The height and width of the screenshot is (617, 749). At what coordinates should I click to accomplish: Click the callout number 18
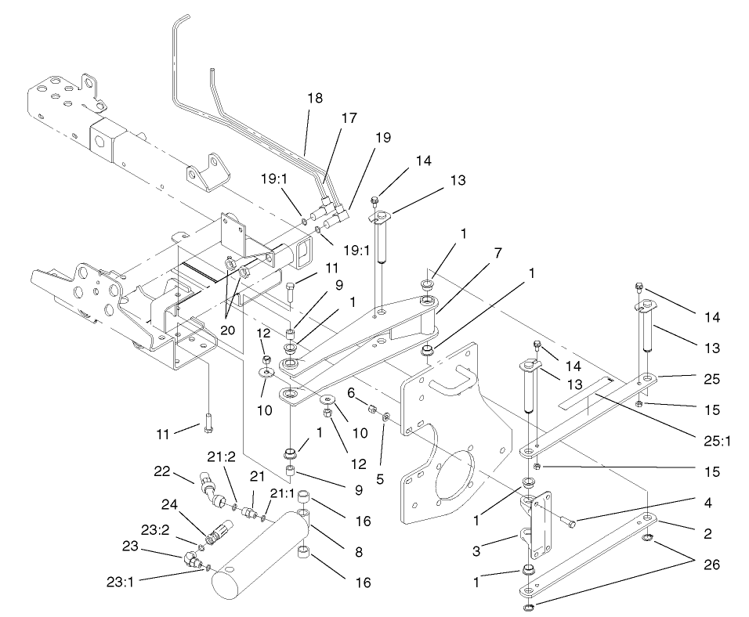tap(315, 99)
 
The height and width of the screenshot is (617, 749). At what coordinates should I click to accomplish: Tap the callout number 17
tap(349, 118)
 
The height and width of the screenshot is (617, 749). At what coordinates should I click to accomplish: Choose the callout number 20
tap(227, 330)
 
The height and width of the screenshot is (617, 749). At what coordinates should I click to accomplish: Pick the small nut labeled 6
tap(374, 409)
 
